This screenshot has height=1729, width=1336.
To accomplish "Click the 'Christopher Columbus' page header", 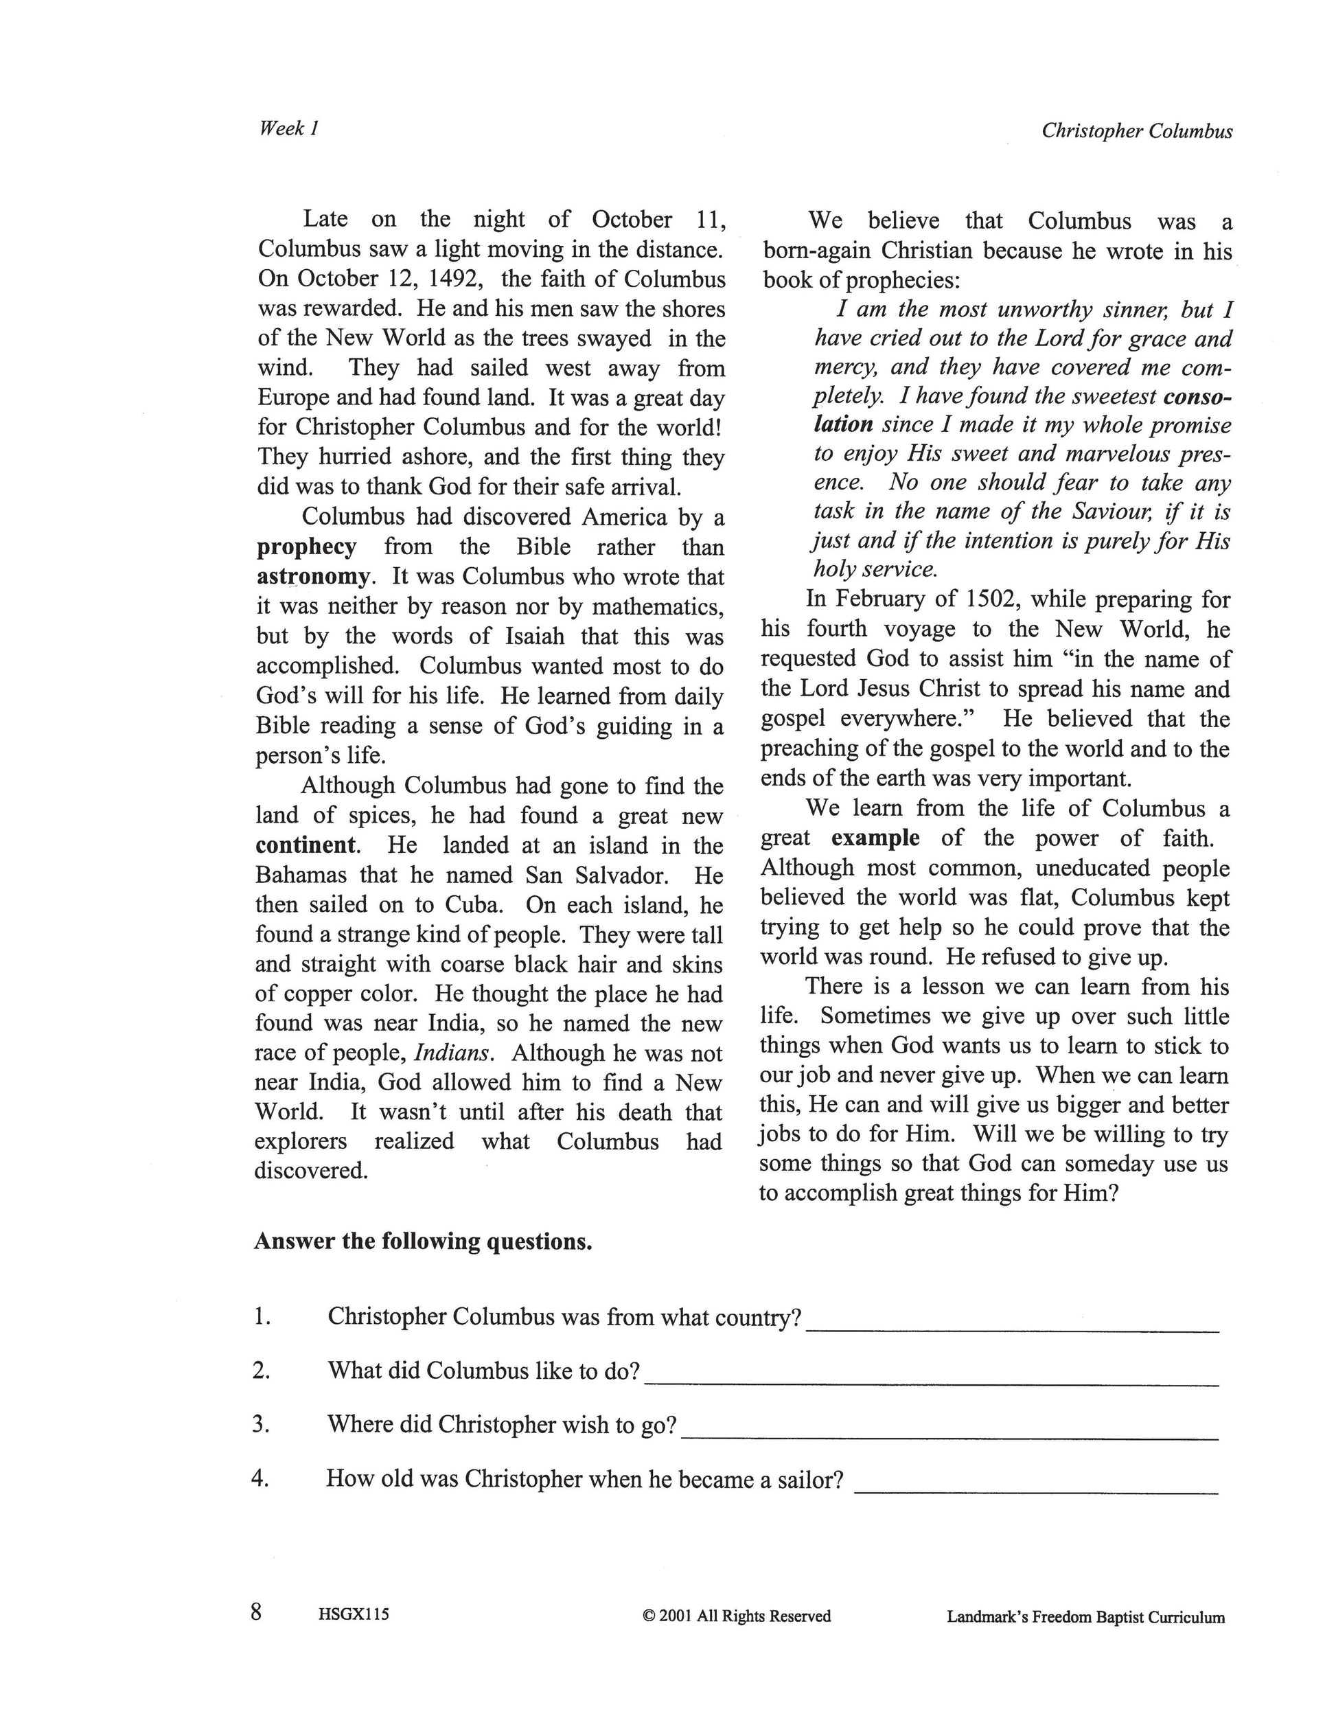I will click(1136, 130).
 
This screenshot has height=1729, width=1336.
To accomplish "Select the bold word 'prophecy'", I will click(306, 547).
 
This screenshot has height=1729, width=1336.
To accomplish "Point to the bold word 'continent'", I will click(306, 845).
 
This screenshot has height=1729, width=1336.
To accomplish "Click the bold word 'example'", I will click(875, 838).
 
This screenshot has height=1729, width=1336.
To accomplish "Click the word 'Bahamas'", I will click(301, 875).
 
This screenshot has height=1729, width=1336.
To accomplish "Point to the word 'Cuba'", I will click(474, 904).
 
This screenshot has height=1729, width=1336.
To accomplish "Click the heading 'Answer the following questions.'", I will click(424, 1241).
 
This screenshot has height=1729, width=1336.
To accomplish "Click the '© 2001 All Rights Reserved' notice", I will click(737, 1616).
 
